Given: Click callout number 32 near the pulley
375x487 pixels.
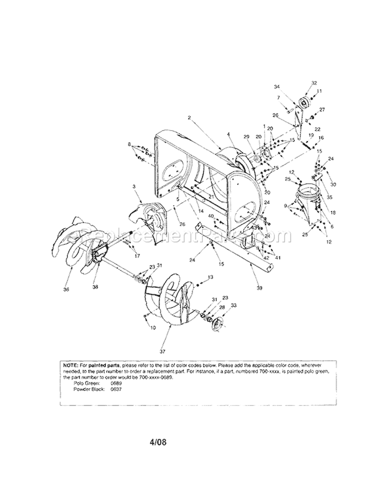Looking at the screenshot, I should pos(314,83).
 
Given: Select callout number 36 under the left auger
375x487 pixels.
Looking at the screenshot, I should pos(67,289).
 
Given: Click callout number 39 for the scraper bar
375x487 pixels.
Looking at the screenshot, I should pos(259,288).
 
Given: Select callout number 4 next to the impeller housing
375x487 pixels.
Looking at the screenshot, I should pos(227,134).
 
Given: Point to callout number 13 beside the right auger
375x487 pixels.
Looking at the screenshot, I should pos(210,277).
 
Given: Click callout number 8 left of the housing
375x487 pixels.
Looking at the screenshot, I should pos(129,144).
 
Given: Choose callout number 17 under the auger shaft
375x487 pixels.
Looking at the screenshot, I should pos(137,255).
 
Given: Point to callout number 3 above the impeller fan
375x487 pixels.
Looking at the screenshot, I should pos(134,186).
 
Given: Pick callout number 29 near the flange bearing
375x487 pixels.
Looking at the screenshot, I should pos(246,137).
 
